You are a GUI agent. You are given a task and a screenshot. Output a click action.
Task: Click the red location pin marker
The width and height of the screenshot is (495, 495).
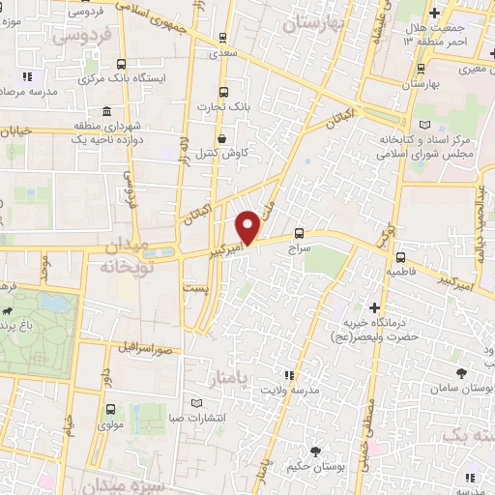pyautogui.click(x=248, y=227)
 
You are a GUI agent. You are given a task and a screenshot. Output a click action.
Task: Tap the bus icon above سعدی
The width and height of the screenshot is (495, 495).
pyautogui.click(x=224, y=38)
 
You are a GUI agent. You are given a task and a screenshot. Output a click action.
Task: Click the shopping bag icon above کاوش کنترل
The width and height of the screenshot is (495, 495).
pyautogui.click(x=222, y=138)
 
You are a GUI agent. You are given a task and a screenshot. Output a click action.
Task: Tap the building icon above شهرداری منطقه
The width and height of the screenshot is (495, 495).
pyautogui.click(x=103, y=110)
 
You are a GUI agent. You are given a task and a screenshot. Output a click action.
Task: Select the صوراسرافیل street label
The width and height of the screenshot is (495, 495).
pyautogui.click(x=146, y=346)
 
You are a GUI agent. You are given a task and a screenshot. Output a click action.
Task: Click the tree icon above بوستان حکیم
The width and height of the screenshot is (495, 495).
pyautogui.click(x=315, y=451)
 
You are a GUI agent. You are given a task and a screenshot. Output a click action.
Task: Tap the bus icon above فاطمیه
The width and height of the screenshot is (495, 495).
pyautogui.click(x=400, y=257)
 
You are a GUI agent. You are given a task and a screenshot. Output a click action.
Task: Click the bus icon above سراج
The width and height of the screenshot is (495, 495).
pyautogui.click(x=299, y=233)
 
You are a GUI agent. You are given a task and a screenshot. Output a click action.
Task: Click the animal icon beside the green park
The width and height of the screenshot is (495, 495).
pyautogui.click(x=8, y=312)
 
